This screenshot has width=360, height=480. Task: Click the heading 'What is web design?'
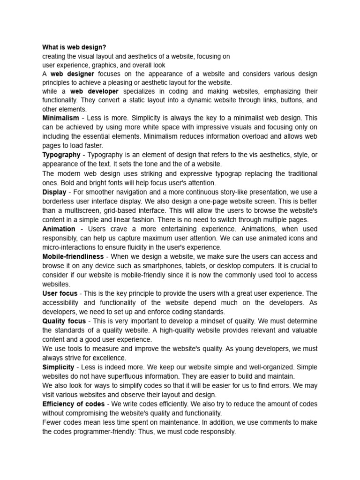pos(74,47)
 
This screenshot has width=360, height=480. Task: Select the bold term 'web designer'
pos(72,74)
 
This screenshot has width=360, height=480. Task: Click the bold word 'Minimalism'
pos(60,119)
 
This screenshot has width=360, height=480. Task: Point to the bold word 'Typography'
pos(61,155)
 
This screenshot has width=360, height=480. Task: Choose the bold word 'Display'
pos(54,192)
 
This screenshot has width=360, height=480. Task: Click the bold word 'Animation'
pos(59,229)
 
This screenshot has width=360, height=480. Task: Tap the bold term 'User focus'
pos(60,293)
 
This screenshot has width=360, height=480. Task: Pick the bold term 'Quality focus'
pos(64,321)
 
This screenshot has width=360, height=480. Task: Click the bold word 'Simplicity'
pos(59,367)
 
